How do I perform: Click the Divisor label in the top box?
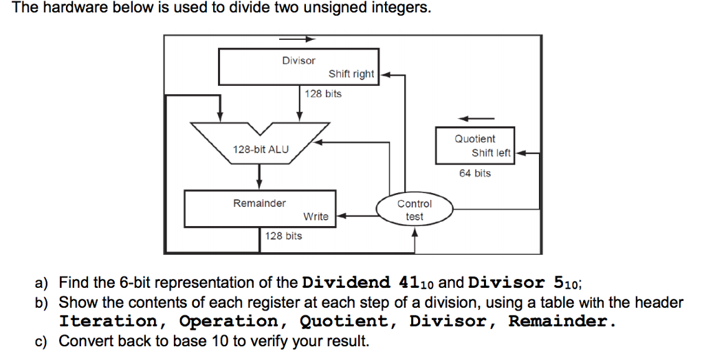tap(298, 61)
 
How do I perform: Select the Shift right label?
tap(351, 74)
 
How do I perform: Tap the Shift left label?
tap(491, 153)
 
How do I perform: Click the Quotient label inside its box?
tap(474, 139)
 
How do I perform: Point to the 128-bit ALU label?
tap(261, 149)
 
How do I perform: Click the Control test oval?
tap(415, 210)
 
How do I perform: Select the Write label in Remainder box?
tap(316, 216)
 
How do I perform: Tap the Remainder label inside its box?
tap(259, 203)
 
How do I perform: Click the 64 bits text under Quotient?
tap(475, 174)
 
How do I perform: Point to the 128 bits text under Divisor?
tap(323, 93)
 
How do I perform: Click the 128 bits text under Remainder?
tap(283, 236)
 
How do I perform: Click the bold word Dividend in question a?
tap(346, 282)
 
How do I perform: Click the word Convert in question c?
tap(82, 340)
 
